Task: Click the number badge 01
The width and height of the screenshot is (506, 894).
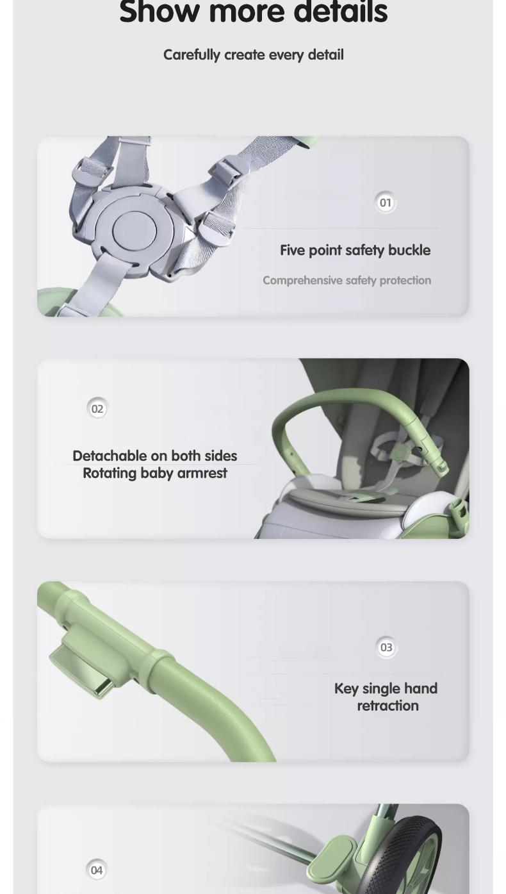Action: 385,203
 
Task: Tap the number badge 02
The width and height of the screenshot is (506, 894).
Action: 97,409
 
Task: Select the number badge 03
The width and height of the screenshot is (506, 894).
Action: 386,648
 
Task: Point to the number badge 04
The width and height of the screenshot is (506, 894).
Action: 96,870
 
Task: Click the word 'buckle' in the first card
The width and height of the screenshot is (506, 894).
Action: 409,250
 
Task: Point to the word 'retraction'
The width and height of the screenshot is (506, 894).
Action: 388,706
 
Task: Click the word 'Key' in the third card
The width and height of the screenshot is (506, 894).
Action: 346,689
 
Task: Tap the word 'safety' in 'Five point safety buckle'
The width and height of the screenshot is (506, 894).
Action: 364,250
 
